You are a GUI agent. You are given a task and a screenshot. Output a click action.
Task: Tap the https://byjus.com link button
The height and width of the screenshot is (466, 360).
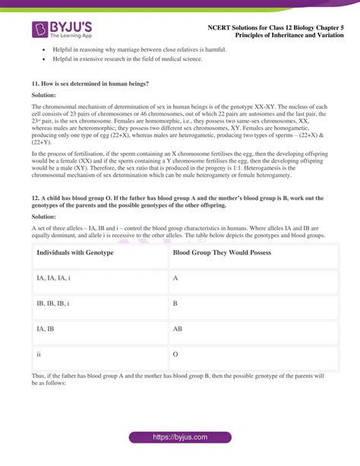[180, 439]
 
